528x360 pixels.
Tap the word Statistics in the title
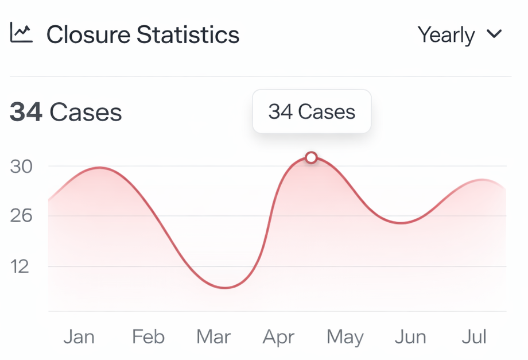188,35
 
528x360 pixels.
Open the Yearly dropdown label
446,35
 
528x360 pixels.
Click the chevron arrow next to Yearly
494,34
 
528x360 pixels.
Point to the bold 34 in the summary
26,112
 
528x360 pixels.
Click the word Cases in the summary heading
86,112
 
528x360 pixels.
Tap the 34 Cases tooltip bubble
312,111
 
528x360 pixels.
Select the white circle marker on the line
311,157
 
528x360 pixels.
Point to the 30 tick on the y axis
21,167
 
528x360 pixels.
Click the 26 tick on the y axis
21,216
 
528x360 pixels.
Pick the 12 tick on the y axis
20,266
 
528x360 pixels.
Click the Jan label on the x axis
79,336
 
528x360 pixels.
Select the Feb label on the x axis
148,336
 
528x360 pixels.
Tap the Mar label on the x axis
213,336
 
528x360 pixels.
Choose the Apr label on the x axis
278,336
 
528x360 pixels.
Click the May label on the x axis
345,336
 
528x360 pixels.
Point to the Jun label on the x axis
410,336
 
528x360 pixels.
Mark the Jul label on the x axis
474,336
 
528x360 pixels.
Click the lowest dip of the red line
226,288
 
